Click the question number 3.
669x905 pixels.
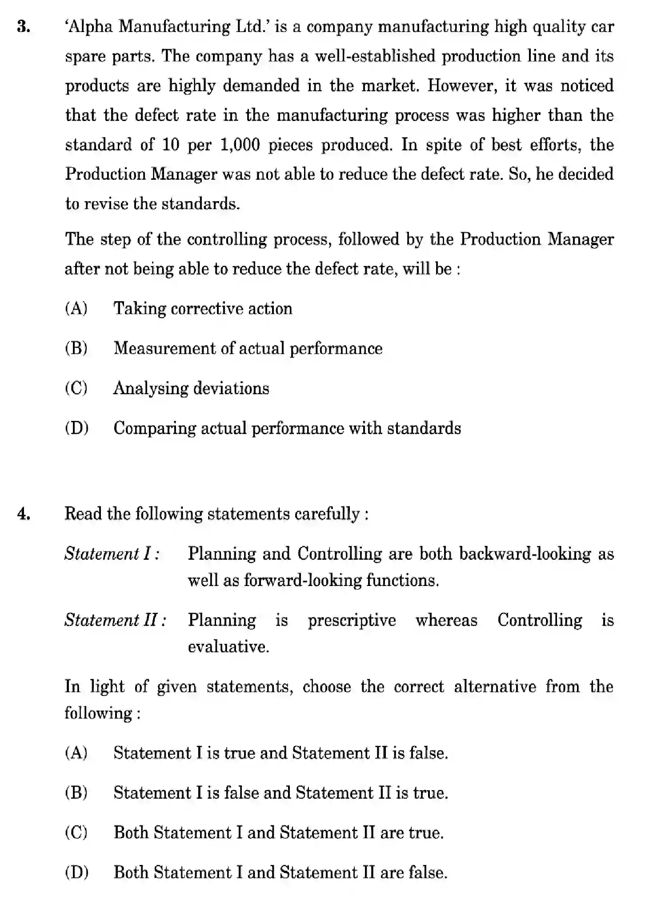point(24,28)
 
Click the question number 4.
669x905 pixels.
point(24,514)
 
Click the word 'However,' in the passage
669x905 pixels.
point(462,86)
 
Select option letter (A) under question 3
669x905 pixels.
point(76,308)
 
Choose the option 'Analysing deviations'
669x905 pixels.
point(191,388)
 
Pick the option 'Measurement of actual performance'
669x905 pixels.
point(248,348)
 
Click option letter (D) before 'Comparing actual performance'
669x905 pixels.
point(76,428)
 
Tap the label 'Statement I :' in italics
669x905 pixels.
point(112,554)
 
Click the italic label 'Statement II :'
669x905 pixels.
point(116,620)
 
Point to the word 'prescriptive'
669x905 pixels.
point(352,620)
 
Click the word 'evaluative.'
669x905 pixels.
point(228,646)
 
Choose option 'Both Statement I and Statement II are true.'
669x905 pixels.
point(278,832)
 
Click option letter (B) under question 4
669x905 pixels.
point(76,793)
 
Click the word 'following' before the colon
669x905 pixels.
point(98,713)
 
